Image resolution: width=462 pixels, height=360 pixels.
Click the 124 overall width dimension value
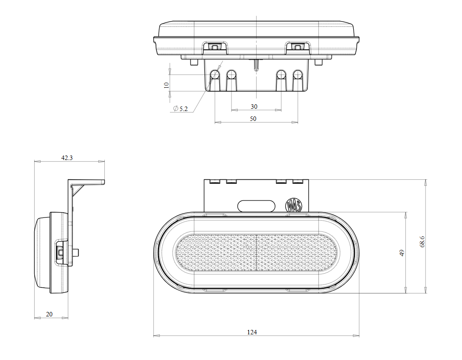tap(252, 332)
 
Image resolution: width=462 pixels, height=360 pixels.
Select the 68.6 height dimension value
tap(422, 241)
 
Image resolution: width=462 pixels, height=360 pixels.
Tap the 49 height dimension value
tap(402, 253)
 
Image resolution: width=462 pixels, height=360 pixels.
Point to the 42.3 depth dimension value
tap(67, 158)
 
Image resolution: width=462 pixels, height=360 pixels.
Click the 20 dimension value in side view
tap(49, 314)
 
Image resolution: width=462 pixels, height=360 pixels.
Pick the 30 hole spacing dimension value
tap(254, 107)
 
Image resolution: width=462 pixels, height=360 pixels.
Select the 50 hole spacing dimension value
tap(253, 118)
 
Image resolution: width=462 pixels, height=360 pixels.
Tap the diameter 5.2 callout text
tap(181, 109)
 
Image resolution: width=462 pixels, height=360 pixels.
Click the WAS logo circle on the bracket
tap(293, 206)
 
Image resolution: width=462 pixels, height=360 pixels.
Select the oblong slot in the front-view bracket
tap(256, 205)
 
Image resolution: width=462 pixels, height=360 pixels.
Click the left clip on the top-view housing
tap(214, 46)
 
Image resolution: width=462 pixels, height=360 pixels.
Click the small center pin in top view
tap(256, 65)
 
